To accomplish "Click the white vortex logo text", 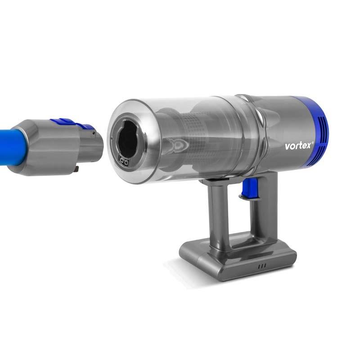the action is click(298, 146).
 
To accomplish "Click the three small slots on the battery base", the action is click(262, 266).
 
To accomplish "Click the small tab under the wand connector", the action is click(76, 169).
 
